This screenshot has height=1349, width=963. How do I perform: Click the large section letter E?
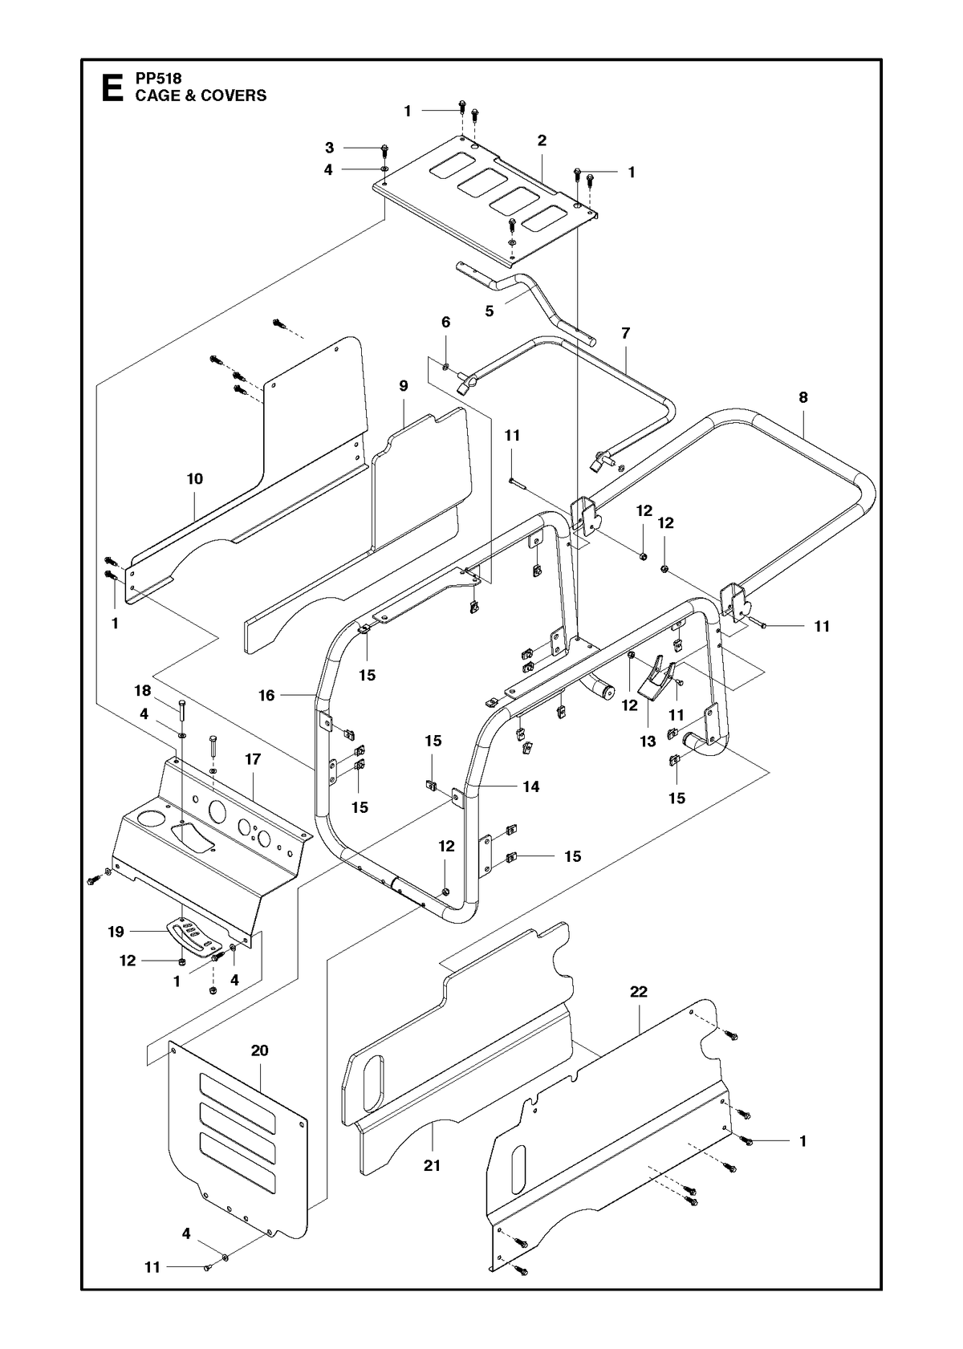pyautogui.click(x=112, y=88)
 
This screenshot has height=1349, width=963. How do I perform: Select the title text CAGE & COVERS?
pyautogui.click(x=201, y=95)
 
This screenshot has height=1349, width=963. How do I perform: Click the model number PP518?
pyautogui.click(x=158, y=79)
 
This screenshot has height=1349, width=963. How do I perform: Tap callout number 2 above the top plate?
pyautogui.click(x=542, y=140)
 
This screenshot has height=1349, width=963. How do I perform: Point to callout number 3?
pyautogui.click(x=330, y=148)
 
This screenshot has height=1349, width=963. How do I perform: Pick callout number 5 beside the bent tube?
pyautogui.click(x=489, y=311)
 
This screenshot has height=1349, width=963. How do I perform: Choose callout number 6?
pyautogui.click(x=445, y=322)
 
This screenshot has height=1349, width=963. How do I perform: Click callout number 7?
pyautogui.click(x=626, y=333)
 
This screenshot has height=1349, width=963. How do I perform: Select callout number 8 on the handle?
pyautogui.click(x=803, y=397)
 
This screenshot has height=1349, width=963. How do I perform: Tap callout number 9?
pyautogui.click(x=404, y=386)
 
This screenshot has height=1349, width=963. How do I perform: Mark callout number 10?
pyautogui.click(x=194, y=479)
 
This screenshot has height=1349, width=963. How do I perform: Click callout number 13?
pyautogui.click(x=648, y=742)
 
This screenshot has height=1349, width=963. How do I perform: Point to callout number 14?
pyautogui.click(x=530, y=786)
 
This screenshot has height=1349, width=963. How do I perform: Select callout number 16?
pyautogui.click(x=266, y=696)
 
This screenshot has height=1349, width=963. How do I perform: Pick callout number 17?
pyautogui.click(x=253, y=759)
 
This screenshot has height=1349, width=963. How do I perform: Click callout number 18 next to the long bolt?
pyautogui.click(x=143, y=691)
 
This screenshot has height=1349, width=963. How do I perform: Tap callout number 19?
pyautogui.click(x=116, y=932)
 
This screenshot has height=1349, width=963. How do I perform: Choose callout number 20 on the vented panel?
pyautogui.click(x=259, y=1051)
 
